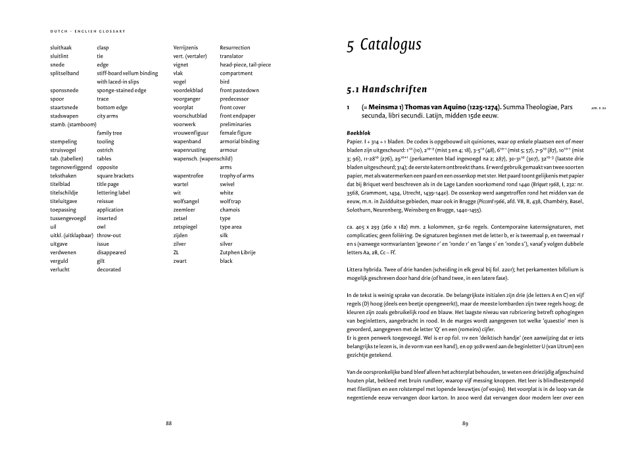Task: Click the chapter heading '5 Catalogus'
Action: pyautogui.click(x=384, y=45)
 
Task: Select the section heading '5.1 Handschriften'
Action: pyautogui.click(x=387, y=89)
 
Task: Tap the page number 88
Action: pyautogui.click(x=168, y=423)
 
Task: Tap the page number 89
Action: pyautogui.click(x=465, y=423)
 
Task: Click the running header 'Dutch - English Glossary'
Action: pyautogui.click(x=87, y=31)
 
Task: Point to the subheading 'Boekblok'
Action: pyautogui.click(x=358, y=133)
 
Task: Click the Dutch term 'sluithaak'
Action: pyautogui.click(x=61, y=48)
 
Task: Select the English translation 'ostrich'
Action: pyautogui.click(x=106, y=150)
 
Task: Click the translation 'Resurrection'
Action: pyautogui.click(x=235, y=48)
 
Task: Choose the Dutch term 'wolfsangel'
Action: pyautogui.click(x=186, y=201)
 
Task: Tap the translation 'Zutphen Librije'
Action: pyautogui.click(x=237, y=252)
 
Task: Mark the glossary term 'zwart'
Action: pyautogui.click(x=180, y=261)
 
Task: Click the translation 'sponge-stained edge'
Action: pyautogui.click(x=122, y=91)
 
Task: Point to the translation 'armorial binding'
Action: pyautogui.click(x=239, y=141)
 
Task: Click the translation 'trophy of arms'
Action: pyautogui.click(x=237, y=175)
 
